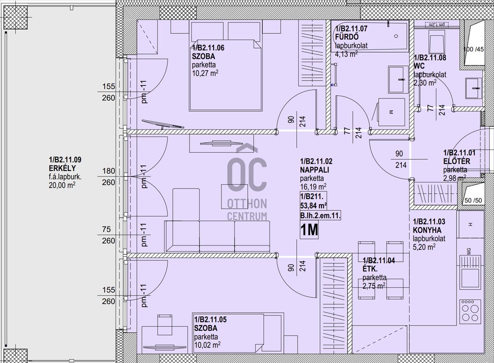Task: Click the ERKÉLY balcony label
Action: click(x=62, y=168)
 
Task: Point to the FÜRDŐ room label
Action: click(x=347, y=37)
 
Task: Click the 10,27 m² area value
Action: click(x=205, y=73)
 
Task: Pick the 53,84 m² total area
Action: click(x=313, y=205)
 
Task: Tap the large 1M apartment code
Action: click(x=309, y=230)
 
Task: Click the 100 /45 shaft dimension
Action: click(x=473, y=49)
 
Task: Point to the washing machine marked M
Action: click(x=391, y=112)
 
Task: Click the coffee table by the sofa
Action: click(x=234, y=197)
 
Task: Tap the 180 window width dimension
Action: click(x=109, y=171)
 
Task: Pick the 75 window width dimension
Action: click(x=106, y=229)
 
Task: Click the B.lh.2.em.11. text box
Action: click(x=320, y=215)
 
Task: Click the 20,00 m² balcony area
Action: click(x=62, y=185)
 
